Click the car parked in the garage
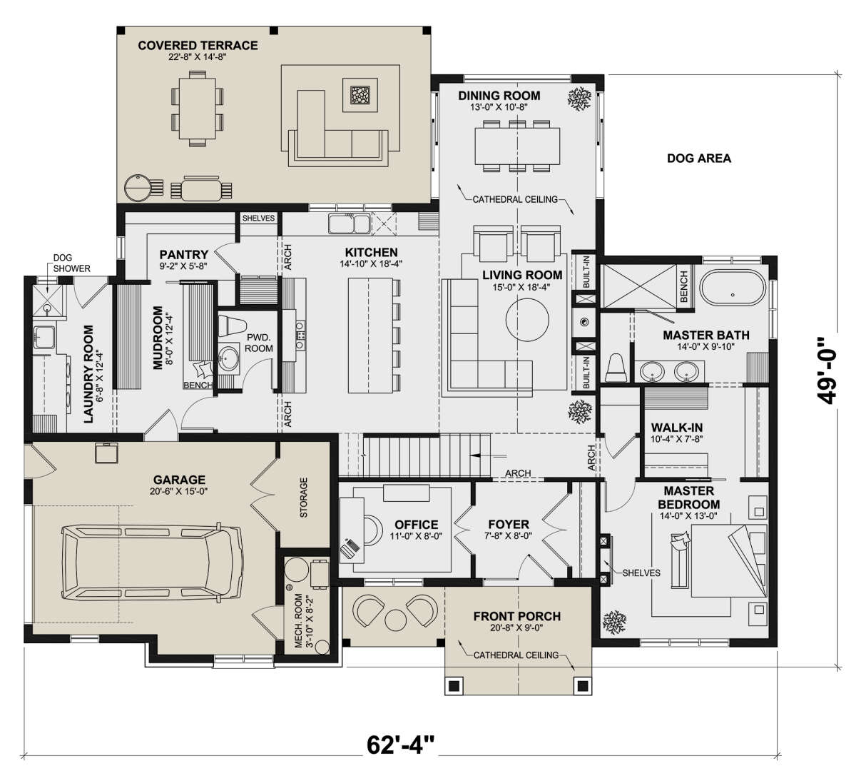pos(152,563)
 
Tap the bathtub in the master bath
pos(733,295)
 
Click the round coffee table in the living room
pos(527,319)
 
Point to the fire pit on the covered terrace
pos(360,95)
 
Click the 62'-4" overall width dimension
pos(400,745)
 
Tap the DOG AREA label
pos(699,158)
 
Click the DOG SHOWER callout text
pos(71,263)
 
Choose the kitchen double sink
pos(349,223)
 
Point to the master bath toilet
pos(616,368)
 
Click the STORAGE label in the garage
pos(304,498)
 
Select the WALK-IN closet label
pos(677,428)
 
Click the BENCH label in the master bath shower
pos(684,286)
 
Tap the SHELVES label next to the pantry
pos(259,218)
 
